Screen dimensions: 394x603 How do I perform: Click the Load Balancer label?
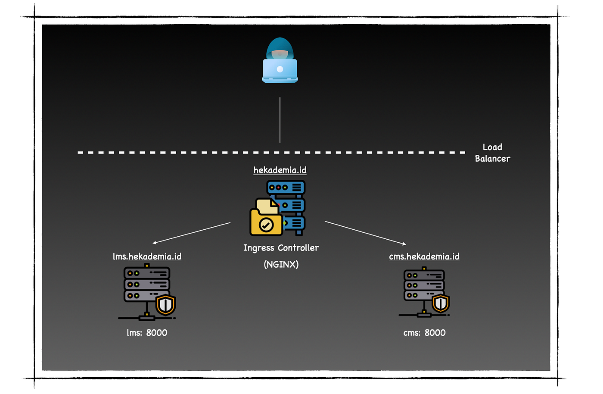pyautogui.click(x=492, y=153)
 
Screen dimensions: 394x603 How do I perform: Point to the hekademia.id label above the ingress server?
pyautogui.click(x=280, y=170)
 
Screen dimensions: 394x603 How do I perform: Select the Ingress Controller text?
pyautogui.click(x=281, y=248)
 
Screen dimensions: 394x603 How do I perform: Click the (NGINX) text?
pyautogui.click(x=281, y=264)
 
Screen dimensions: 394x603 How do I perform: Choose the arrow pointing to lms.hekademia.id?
pyautogui.click(x=192, y=233)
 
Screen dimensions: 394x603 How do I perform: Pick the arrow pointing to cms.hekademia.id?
pyautogui.click(x=365, y=233)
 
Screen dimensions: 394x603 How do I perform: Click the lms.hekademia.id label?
pyautogui.click(x=147, y=256)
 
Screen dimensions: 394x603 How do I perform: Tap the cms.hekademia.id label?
pyautogui.click(x=424, y=256)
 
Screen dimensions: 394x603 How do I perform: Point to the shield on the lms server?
pyautogui.click(x=166, y=305)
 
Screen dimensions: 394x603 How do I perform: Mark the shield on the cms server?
pyautogui.click(x=441, y=303)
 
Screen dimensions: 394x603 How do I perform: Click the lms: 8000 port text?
pyautogui.click(x=147, y=333)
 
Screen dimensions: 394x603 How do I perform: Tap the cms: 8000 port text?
pyautogui.click(x=424, y=333)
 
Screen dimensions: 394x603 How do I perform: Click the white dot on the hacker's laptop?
pyautogui.click(x=280, y=69)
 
